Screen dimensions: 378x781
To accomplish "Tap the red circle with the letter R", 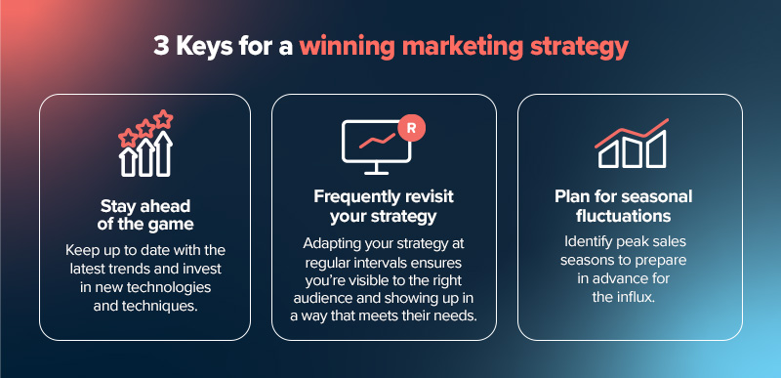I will (x=413, y=127).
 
